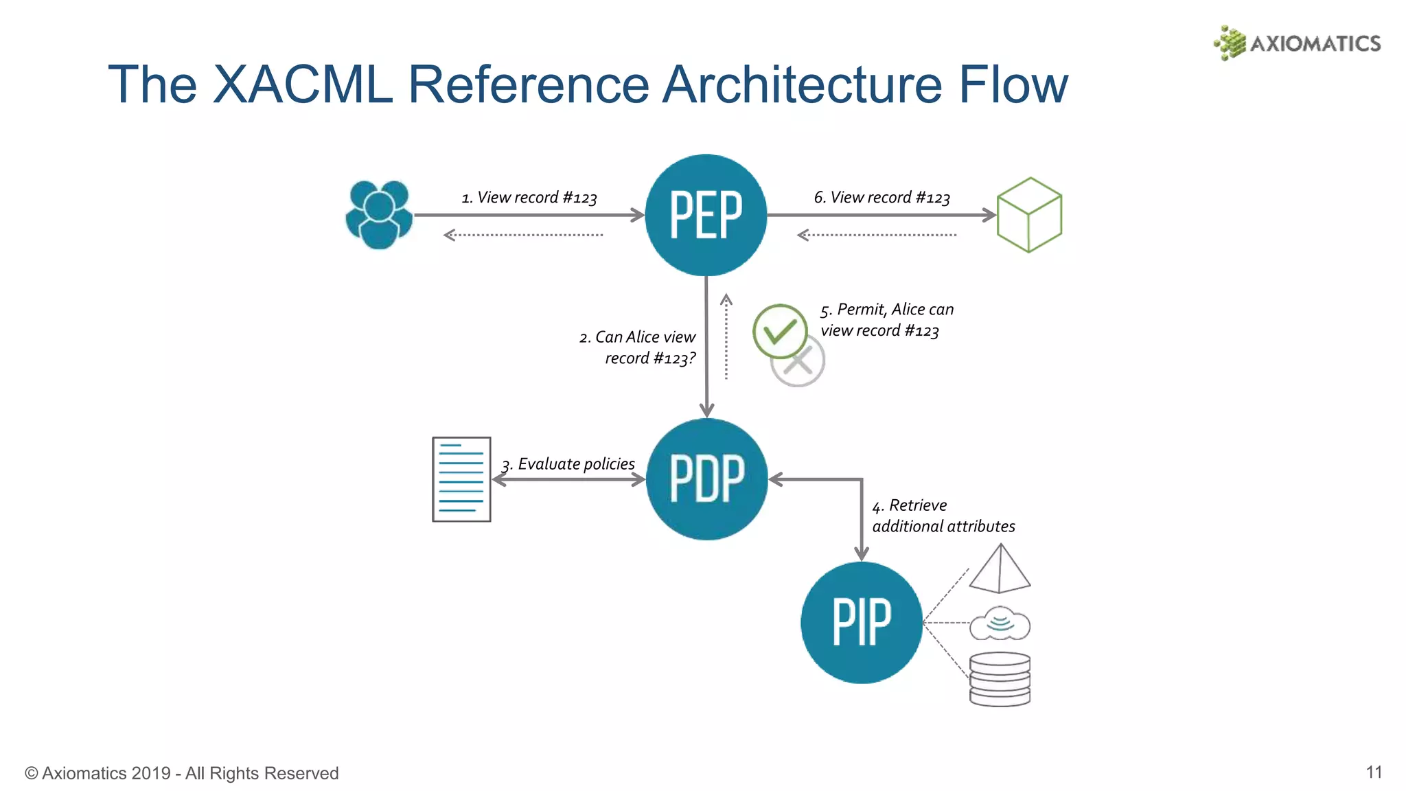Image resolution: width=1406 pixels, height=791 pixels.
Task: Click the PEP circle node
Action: tap(706, 215)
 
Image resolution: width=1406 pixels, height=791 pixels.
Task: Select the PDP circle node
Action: tap(706, 479)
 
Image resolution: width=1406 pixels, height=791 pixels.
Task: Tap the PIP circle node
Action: tap(862, 622)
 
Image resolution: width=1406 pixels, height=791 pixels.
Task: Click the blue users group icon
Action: tap(379, 214)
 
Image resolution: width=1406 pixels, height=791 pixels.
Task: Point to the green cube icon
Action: tap(1029, 215)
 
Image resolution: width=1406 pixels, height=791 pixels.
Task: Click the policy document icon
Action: tap(461, 479)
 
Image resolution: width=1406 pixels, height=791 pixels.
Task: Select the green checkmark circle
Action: tap(779, 330)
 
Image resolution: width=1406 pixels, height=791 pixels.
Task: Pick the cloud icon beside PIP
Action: tap(1000, 623)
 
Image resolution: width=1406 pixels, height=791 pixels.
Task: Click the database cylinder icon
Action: tap(1000, 679)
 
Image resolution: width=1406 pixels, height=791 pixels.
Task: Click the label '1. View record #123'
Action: tap(529, 198)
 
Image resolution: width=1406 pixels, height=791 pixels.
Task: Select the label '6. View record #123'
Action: tap(881, 198)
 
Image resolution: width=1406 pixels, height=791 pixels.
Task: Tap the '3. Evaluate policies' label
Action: tap(568, 464)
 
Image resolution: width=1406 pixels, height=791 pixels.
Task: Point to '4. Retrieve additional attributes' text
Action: tap(943, 516)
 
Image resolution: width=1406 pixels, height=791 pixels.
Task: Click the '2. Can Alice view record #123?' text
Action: tap(637, 347)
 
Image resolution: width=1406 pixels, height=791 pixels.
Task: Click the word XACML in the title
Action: tap(302, 84)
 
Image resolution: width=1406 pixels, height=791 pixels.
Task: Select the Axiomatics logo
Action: tap(1297, 43)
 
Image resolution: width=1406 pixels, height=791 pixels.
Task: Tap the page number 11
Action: tap(1374, 772)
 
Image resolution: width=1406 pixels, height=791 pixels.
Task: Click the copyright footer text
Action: tap(182, 773)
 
